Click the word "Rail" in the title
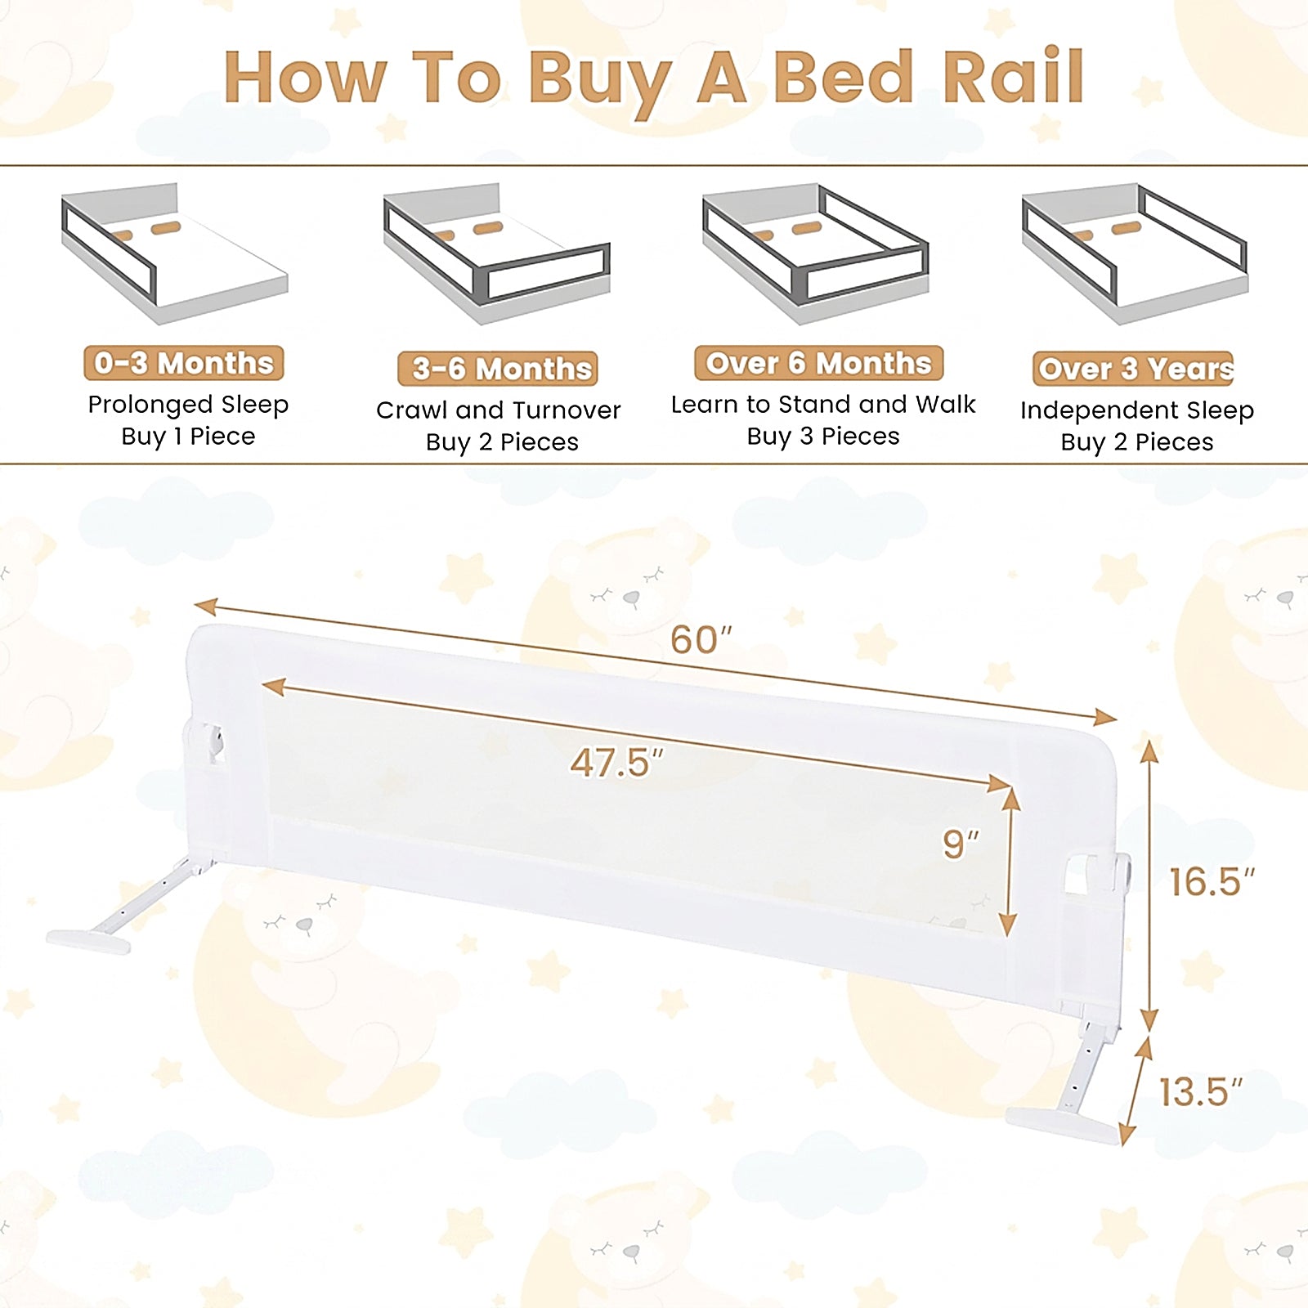(1014, 77)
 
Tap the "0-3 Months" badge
(184, 363)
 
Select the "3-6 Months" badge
(498, 369)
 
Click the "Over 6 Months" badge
(819, 363)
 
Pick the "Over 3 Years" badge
(1133, 369)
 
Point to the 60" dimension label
(701, 640)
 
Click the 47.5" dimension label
(617, 763)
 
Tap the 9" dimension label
(961, 844)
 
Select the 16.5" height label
(1212, 881)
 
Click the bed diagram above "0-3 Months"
(175, 253)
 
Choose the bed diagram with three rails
(816, 253)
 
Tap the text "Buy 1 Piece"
(188, 437)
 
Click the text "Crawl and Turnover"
(499, 410)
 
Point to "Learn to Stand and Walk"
(823, 404)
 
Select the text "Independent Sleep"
(1137, 410)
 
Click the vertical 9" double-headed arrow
(1010, 862)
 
